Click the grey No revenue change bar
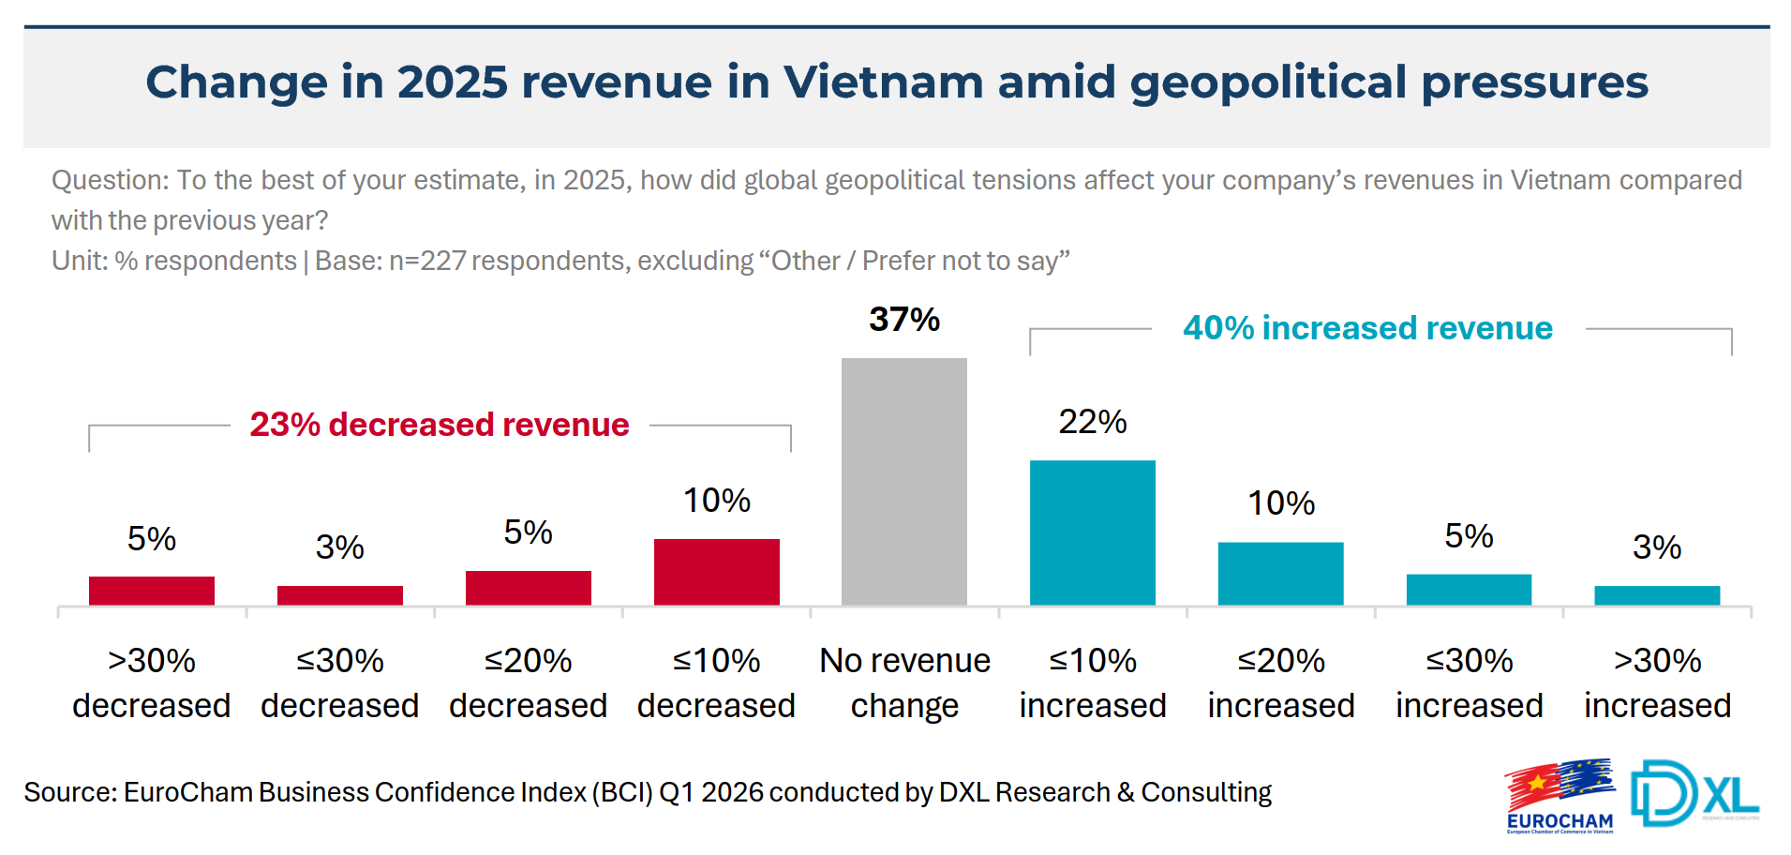pyautogui.click(x=903, y=481)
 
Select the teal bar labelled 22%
pyautogui.click(x=1092, y=532)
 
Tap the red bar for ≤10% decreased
pyautogui.click(x=716, y=571)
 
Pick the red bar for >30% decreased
pyautogui.click(x=152, y=591)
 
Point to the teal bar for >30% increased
pyautogui.click(x=1656, y=595)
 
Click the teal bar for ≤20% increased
pyautogui.click(x=1280, y=573)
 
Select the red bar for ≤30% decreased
pyautogui.click(x=340, y=595)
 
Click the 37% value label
pyautogui.click(x=903, y=320)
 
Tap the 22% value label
pyautogui.click(x=1092, y=422)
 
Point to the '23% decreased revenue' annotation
pyautogui.click(x=439, y=425)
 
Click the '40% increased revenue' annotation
pyautogui.click(x=1367, y=328)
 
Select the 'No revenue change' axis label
pyautogui.click(x=904, y=682)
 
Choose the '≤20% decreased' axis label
pyautogui.click(x=528, y=682)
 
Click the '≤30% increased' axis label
pyautogui.click(x=1469, y=682)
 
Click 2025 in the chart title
pyautogui.click(x=452, y=82)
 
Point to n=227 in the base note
pyautogui.click(x=427, y=261)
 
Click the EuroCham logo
pyautogui.click(x=1560, y=796)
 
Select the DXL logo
pyautogui.click(x=1694, y=794)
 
